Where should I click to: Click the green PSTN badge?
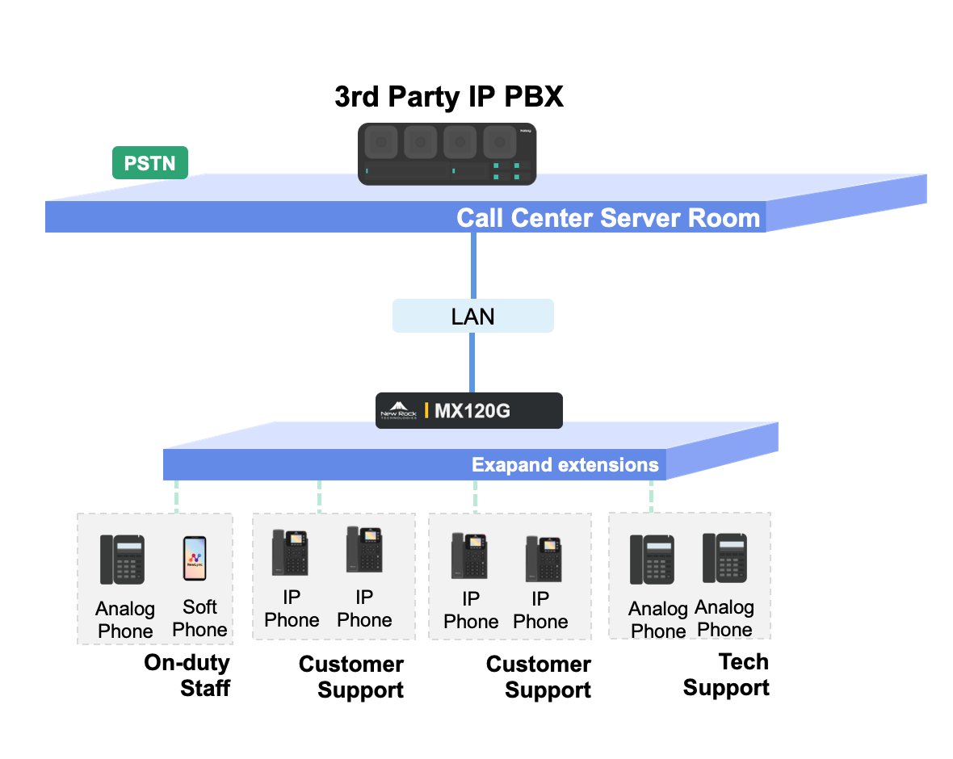pyautogui.click(x=149, y=163)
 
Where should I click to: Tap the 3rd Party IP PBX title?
pyautogui.click(x=448, y=98)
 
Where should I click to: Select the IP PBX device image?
pyautogui.click(x=447, y=154)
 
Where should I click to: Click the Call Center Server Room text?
pyautogui.click(x=608, y=218)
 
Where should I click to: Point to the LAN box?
pyautogui.click(x=472, y=316)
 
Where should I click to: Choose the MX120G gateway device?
pyautogui.click(x=468, y=410)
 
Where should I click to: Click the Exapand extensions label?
pyautogui.click(x=565, y=465)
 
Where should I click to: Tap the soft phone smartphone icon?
pyautogui.click(x=195, y=558)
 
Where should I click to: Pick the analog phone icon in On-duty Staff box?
pyautogui.click(x=123, y=559)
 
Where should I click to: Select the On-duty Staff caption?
pyautogui.click(x=187, y=675)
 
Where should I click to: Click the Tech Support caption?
pyautogui.click(x=726, y=675)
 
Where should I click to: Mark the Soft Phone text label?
pyautogui.click(x=199, y=619)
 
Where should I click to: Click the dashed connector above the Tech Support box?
pyautogui.click(x=651, y=496)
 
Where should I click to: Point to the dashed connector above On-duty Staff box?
pyautogui.click(x=176, y=497)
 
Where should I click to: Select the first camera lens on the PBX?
pyautogui.click(x=380, y=144)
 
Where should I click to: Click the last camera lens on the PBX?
pyautogui.click(x=499, y=144)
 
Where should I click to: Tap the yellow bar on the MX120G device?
pyautogui.click(x=426, y=410)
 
